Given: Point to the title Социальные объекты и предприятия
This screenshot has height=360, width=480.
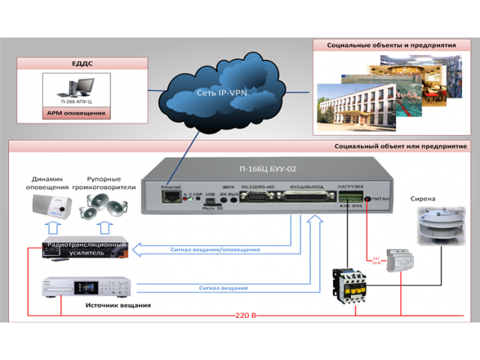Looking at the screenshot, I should click(x=391, y=45).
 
